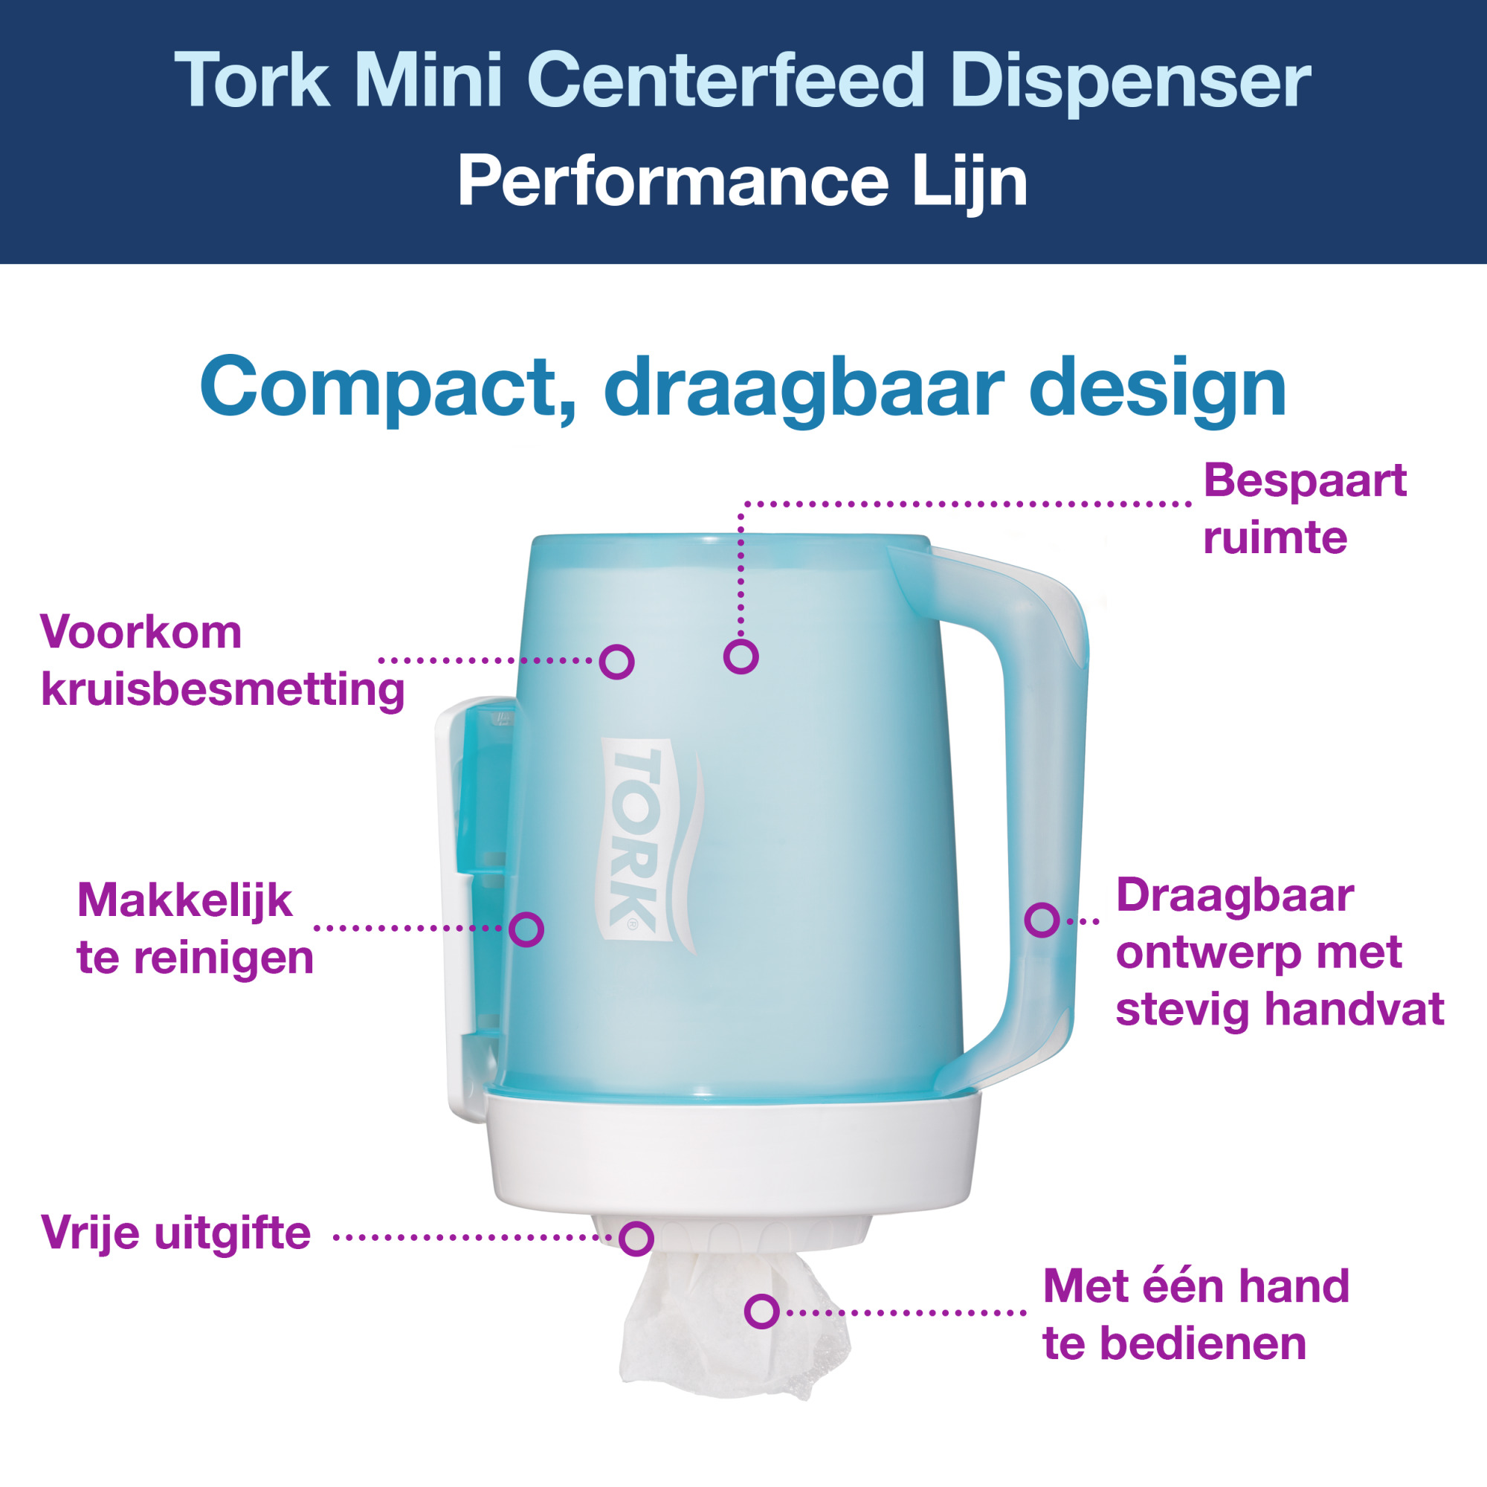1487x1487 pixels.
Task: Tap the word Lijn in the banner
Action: click(x=969, y=183)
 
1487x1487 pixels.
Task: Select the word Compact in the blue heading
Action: click(x=377, y=388)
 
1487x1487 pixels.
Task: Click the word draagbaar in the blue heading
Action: click(x=804, y=390)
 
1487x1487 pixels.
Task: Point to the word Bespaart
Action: click(x=1305, y=481)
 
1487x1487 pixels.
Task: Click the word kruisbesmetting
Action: click(x=222, y=689)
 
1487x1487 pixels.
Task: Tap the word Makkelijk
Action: click(x=184, y=900)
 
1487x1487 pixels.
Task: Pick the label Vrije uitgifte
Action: click(x=175, y=1232)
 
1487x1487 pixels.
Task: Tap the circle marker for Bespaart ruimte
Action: click(x=741, y=657)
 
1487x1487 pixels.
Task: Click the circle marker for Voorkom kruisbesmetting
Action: click(x=616, y=661)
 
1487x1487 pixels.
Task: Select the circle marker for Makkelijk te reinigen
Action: click(x=526, y=929)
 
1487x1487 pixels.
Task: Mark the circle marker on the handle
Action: click(x=1042, y=920)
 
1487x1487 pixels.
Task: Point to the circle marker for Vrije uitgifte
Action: click(x=636, y=1239)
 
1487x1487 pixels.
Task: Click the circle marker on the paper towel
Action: click(x=761, y=1312)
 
